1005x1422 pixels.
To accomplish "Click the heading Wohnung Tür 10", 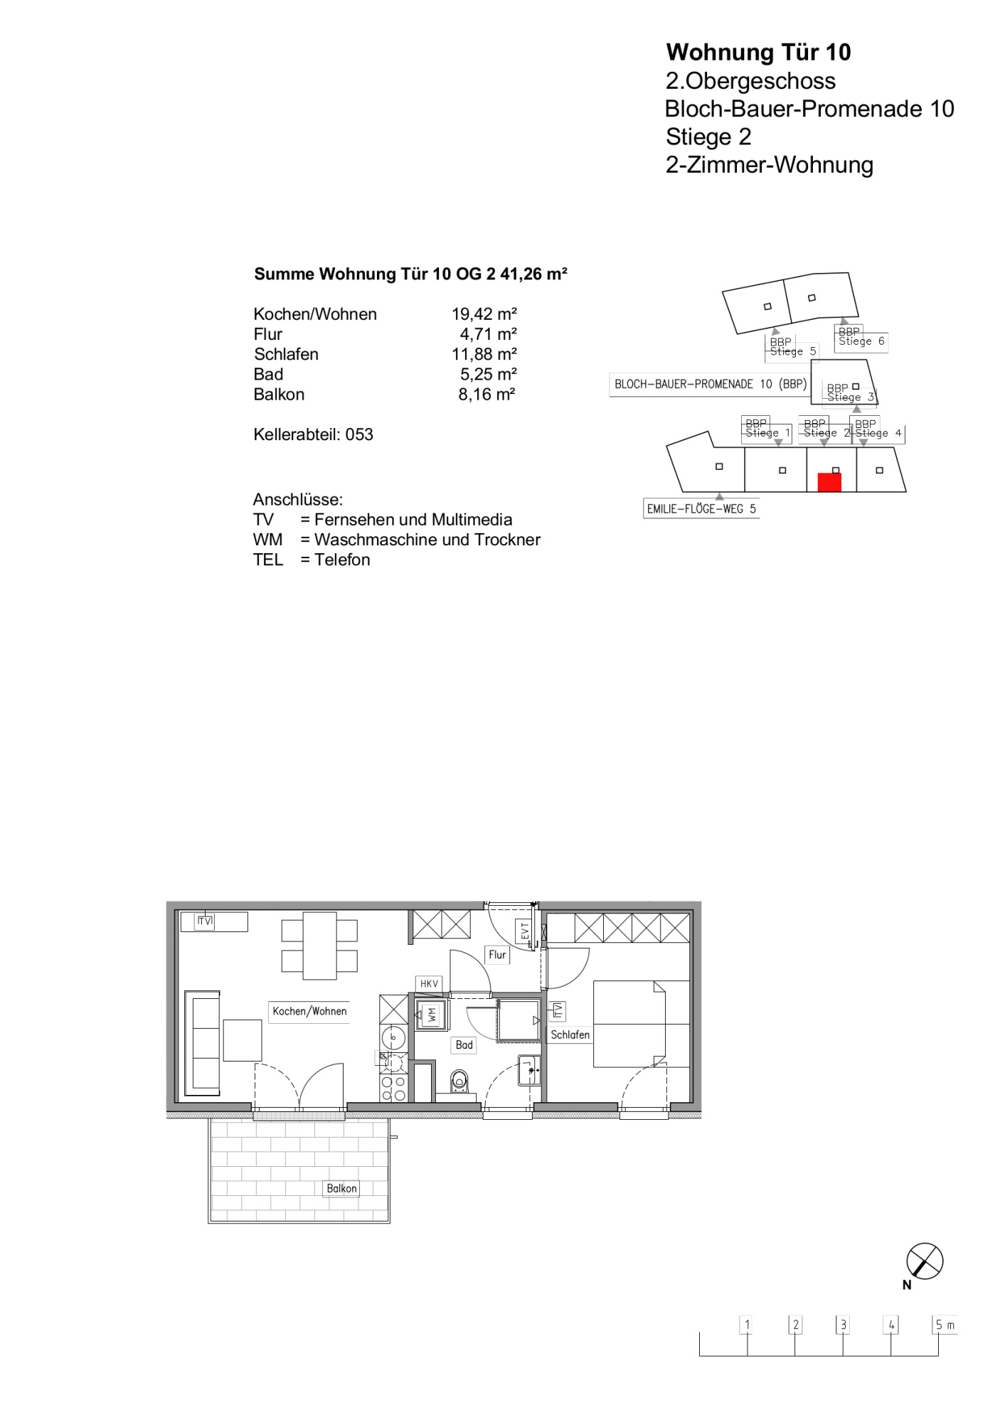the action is point(758,52).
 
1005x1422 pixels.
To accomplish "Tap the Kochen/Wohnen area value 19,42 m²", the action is point(484,314).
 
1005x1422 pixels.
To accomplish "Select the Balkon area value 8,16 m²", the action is point(486,394).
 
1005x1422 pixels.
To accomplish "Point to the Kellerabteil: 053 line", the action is point(313,434).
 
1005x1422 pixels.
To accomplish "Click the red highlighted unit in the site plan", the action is point(829,482).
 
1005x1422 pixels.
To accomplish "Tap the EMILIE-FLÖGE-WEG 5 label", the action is point(701,509).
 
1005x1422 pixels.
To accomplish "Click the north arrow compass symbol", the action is point(925,1262).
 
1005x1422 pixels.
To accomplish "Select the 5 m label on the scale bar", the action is point(945,1325).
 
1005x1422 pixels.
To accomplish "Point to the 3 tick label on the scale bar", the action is point(843,1325).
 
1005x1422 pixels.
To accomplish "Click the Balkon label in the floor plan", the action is point(341,1188).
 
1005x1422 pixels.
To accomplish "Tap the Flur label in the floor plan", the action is point(497,955).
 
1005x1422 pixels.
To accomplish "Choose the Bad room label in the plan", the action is point(464,1044).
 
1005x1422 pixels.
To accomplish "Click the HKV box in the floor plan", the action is point(429,984).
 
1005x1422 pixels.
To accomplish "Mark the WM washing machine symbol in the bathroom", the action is point(432,1015).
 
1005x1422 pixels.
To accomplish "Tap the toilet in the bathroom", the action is point(460,1081).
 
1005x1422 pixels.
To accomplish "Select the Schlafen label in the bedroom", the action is point(570,1035).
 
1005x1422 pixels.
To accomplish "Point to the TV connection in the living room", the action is point(205,921).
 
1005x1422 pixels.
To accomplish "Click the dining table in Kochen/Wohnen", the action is point(319,946).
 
